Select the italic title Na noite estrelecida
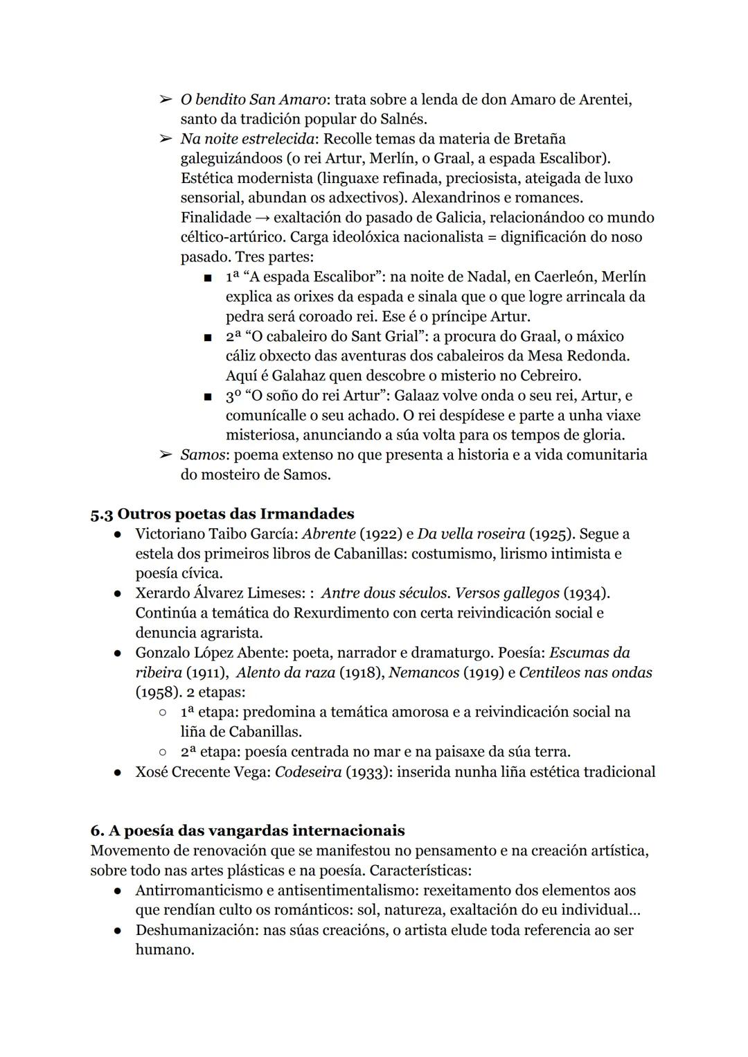[x=247, y=139]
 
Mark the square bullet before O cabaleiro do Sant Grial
[x=207, y=338]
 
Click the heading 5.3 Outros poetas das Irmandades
[x=222, y=514]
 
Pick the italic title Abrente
[x=329, y=534]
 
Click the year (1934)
[x=585, y=594]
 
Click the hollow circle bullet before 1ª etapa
[x=162, y=713]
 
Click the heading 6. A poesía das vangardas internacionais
[x=247, y=830]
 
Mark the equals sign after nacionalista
[x=490, y=238]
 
